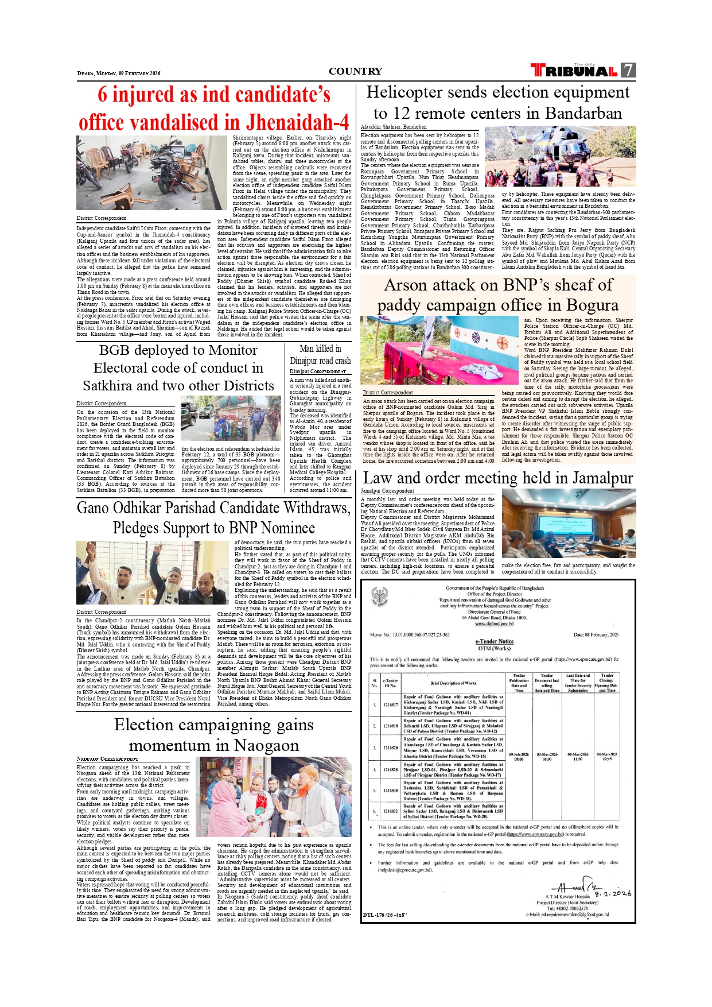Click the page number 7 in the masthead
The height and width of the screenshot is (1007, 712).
click(x=628, y=70)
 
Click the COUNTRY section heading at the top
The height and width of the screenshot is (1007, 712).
click(x=355, y=71)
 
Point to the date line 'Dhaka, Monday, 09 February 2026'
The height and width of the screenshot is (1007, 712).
click(x=119, y=73)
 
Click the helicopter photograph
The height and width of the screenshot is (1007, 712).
click(x=560, y=156)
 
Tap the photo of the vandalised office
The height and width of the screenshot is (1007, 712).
click(x=151, y=173)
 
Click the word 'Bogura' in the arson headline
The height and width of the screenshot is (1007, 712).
click(x=592, y=305)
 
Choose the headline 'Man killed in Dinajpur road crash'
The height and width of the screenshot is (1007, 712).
click(x=320, y=355)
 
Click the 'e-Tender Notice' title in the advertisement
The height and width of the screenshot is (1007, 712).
click(x=494, y=641)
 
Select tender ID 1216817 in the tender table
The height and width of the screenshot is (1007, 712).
click(x=390, y=704)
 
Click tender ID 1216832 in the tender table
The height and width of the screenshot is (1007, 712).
click(x=390, y=811)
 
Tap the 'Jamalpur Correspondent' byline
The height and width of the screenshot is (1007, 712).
click(x=387, y=491)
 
